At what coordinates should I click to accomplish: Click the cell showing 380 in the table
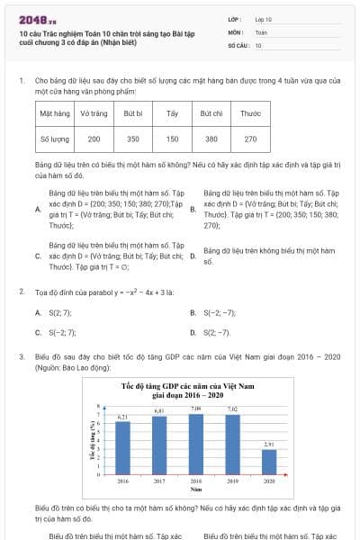coord(211,139)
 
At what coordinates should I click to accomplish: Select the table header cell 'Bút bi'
coord(133,114)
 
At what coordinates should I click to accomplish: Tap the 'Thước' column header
coord(250,114)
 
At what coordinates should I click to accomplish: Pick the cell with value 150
coord(172,139)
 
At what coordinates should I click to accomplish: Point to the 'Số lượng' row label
coord(55,139)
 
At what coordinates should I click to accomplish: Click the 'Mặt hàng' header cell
coord(55,114)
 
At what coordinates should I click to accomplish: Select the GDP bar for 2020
coord(269,462)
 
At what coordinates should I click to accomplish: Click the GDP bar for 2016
coord(122,447)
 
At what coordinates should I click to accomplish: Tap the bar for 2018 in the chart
coord(195,444)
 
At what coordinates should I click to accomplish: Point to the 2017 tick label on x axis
coord(159,481)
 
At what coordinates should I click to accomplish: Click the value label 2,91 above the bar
coord(269,445)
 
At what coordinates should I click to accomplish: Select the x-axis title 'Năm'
coord(195,490)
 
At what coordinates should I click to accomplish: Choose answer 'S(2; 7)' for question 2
coord(59,312)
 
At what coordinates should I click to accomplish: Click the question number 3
coord(21,356)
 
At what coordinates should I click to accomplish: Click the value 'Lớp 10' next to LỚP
coord(264,18)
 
